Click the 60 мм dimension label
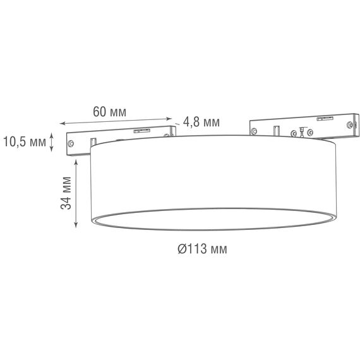click(x=109, y=111)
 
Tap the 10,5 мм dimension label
click(x=25, y=141)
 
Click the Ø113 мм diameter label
click(x=201, y=249)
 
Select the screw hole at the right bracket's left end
click(x=254, y=131)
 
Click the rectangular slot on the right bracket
click(x=276, y=131)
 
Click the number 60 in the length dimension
click(x=100, y=111)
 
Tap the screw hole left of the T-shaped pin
click(x=293, y=133)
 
